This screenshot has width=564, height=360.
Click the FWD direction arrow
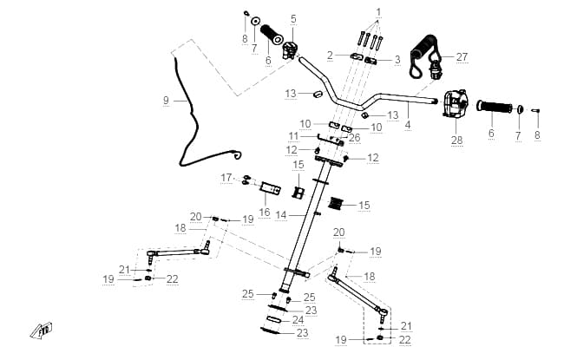coord(41,331)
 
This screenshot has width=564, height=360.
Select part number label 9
coord(166,101)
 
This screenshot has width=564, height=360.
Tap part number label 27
coord(462,57)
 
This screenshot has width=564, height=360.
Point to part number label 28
coord(456,140)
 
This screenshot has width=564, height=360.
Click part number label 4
coord(408,125)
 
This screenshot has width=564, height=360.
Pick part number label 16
coord(265,213)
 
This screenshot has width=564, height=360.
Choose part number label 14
coord(281,215)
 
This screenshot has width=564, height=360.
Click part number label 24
coord(298,320)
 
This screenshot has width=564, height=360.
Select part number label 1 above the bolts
coord(378,12)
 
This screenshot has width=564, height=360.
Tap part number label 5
coord(293,19)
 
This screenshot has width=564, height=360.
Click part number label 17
coord(226,178)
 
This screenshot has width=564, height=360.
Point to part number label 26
coord(355,138)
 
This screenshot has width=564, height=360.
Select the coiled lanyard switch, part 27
coord(426,57)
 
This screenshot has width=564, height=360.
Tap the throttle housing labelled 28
coord(455,103)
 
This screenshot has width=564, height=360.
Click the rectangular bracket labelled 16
coord(270,189)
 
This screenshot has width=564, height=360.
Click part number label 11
coord(294,136)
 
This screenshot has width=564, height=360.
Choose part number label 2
coord(331,56)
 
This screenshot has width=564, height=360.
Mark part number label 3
coord(397,59)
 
